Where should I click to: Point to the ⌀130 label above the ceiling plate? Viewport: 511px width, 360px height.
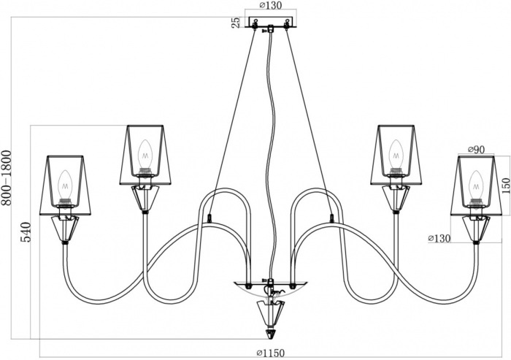tap(271, 5)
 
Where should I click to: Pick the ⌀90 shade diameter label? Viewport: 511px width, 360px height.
tap(475, 150)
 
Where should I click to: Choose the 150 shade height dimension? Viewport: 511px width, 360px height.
tap(504, 185)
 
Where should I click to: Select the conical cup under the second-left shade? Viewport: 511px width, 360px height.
tap(145, 196)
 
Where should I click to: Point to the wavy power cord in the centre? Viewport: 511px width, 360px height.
tap(272, 146)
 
